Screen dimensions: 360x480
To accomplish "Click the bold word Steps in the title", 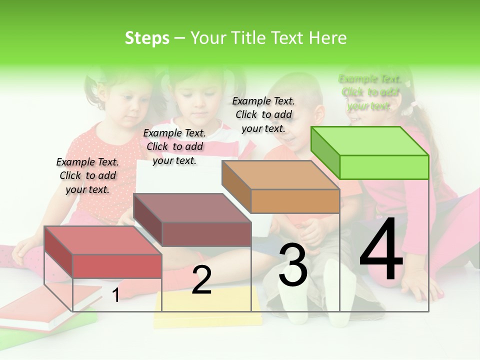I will click(147, 38).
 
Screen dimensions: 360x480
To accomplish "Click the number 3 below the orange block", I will click(293, 265).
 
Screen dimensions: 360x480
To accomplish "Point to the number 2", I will click(201, 280).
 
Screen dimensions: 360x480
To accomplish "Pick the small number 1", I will click(116, 295).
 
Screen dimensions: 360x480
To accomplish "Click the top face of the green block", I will click(370, 141).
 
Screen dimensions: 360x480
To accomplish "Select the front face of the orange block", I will click(295, 201).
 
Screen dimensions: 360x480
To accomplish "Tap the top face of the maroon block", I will click(192, 207).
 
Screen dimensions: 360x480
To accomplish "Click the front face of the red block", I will click(117, 266).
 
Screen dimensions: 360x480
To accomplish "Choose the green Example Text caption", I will click(369, 92).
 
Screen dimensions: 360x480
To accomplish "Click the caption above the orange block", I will click(263, 115).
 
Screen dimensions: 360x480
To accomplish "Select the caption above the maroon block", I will click(174, 146).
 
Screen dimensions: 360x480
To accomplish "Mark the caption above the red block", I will click(87, 175).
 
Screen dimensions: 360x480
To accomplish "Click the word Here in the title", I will click(328, 38).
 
